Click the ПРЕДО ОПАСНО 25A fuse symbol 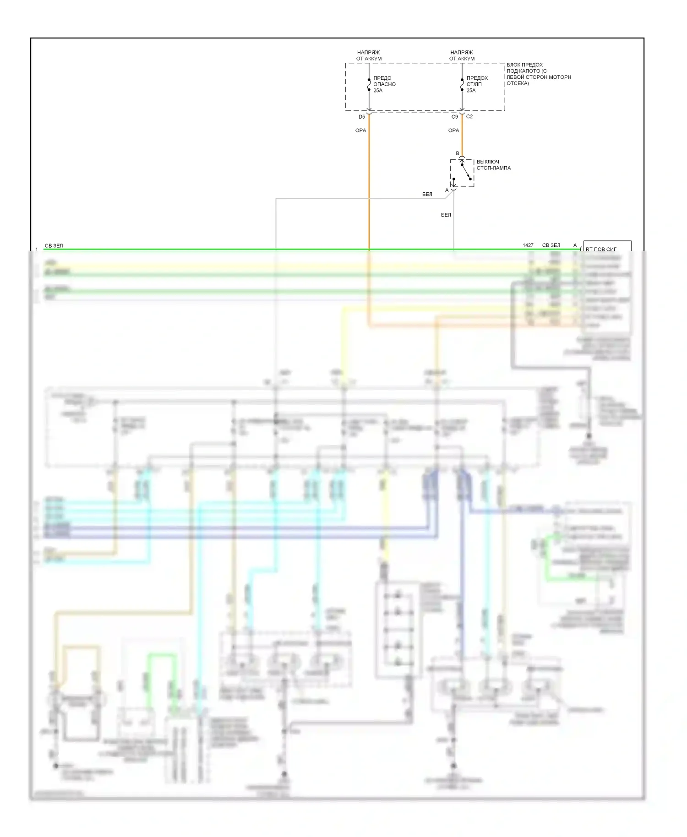tap(369, 84)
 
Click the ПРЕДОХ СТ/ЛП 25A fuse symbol tap(462, 84)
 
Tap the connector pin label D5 tap(362, 117)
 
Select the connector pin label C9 tap(454, 117)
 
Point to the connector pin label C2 tap(469, 117)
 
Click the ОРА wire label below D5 tap(361, 130)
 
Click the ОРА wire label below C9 tap(453, 130)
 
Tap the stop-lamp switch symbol tap(462, 173)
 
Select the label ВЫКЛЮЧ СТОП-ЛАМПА tap(493, 165)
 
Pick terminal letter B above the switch tap(457, 153)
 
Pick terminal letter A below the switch tap(447, 190)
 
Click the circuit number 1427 tap(528, 245)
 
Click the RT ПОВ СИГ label tap(601, 249)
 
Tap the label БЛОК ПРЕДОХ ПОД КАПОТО tap(538, 74)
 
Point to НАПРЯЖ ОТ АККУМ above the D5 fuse tap(369, 55)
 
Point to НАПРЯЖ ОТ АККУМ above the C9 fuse tap(462, 55)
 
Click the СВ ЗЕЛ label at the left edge tap(54, 246)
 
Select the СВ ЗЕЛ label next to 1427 tap(551, 245)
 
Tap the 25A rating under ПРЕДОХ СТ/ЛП tap(471, 91)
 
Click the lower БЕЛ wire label tap(446, 215)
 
